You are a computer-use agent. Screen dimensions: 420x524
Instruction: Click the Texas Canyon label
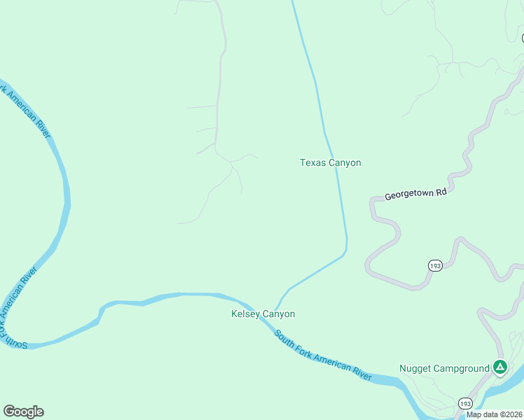[x=331, y=163]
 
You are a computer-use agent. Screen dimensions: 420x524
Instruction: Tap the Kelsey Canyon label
[x=263, y=314]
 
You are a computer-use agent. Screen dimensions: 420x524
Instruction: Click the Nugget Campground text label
[x=444, y=368]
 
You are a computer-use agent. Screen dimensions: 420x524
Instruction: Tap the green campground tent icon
[x=499, y=367]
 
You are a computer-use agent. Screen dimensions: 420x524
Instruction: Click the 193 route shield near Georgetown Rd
[x=435, y=265]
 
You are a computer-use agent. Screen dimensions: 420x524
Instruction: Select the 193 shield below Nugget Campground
[x=465, y=404]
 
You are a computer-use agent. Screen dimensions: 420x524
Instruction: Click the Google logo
[x=23, y=412]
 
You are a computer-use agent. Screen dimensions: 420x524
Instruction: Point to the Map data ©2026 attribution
[x=494, y=414]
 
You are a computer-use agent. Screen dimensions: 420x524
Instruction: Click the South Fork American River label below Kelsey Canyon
[x=323, y=356]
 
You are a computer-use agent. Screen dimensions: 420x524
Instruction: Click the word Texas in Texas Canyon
[x=313, y=163]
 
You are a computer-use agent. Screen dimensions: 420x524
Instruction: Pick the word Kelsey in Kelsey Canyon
[x=247, y=314]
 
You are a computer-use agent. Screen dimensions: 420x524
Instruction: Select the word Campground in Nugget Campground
[x=461, y=368]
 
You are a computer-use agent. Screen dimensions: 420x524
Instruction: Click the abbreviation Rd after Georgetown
[x=441, y=189]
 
